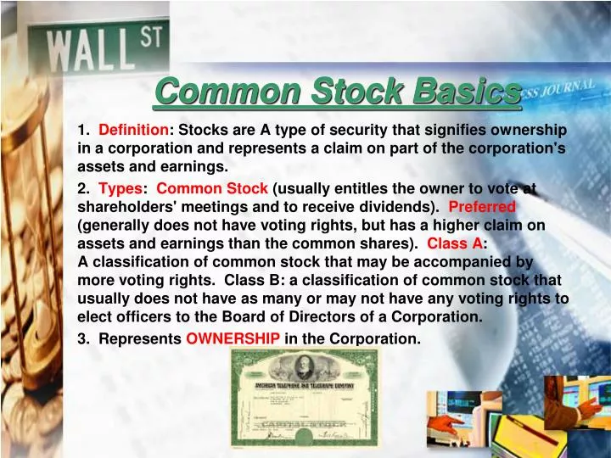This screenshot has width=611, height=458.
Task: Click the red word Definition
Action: (134, 130)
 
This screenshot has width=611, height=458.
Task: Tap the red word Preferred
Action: (481, 206)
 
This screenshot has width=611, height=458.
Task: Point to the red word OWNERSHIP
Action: (233, 338)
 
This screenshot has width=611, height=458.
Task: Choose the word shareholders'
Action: (126, 206)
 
